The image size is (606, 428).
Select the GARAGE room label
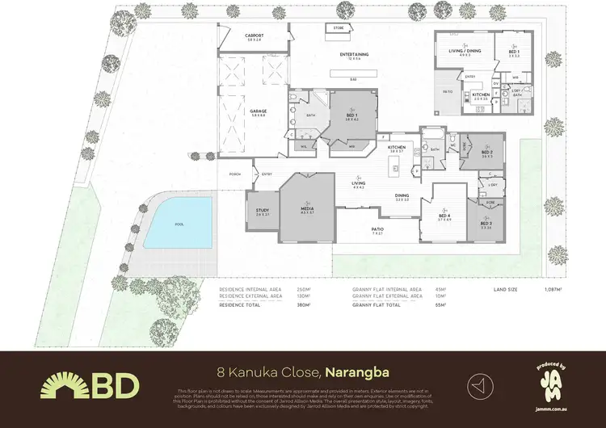pyautogui.click(x=259, y=111)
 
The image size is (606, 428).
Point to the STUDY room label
pyautogui.click(x=263, y=212)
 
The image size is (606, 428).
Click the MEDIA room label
pyautogui.click(x=306, y=210)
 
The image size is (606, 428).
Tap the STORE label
pyautogui.click(x=338, y=27)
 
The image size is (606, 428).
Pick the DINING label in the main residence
pyautogui.click(x=402, y=195)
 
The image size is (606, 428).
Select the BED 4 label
pyautogui.click(x=444, y=215)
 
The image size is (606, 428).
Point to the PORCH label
pyautogui.click(x=235, y=174)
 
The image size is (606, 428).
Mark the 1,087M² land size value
pyautogui.click(x=553, y=288)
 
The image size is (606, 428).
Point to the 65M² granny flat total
pyautogui.click(x=441, y=305)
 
